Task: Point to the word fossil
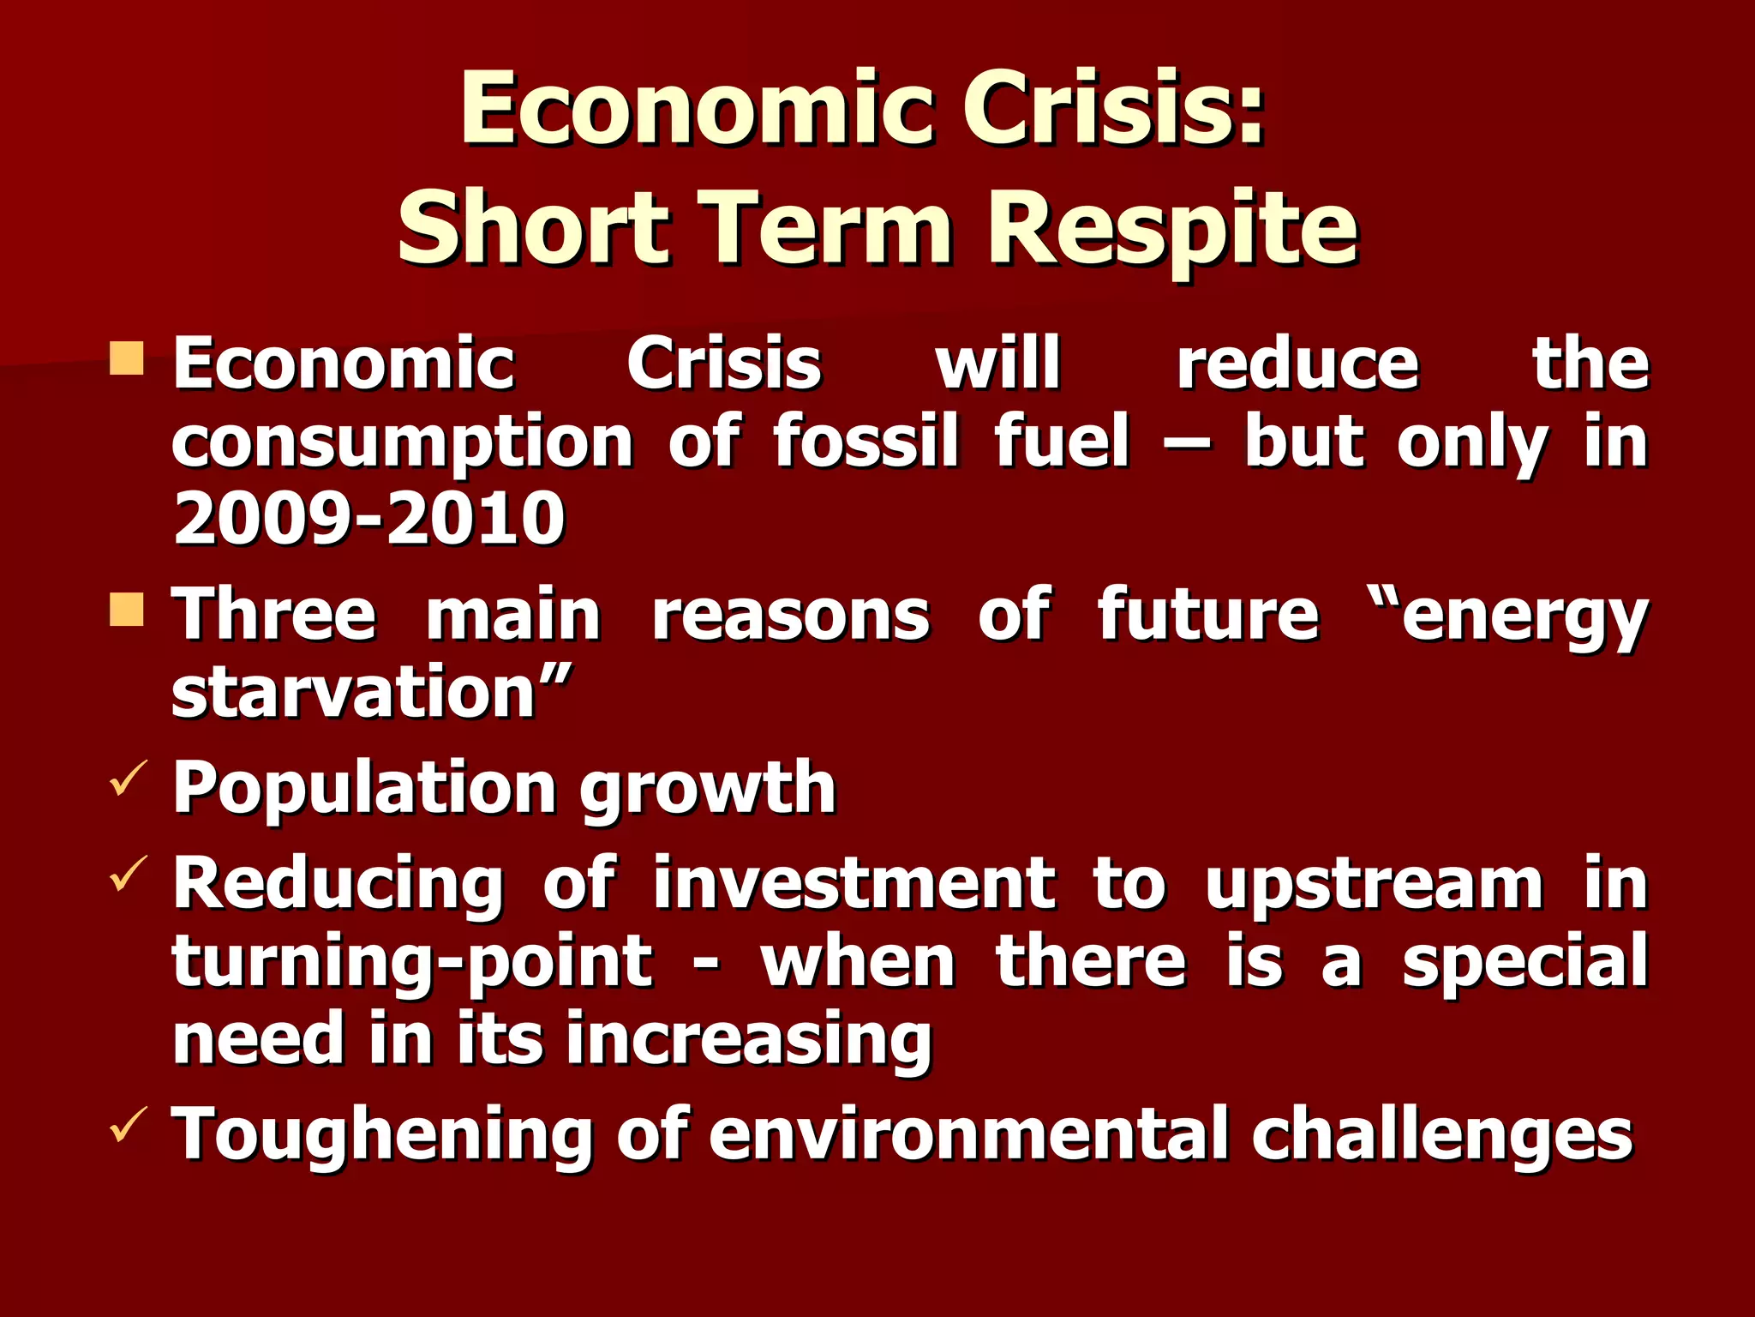pyautogui.click(x=866, y=442)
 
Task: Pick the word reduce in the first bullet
pyautogui.click(x=1297, y=364)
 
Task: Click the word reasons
pyautogui.click(x=790, y=616)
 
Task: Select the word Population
pyautogui.click(x=364, y=789)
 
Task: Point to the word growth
pyautogui.click(x=708, y=789)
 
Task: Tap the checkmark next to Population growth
pyautogui.click(x=129, y=776)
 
